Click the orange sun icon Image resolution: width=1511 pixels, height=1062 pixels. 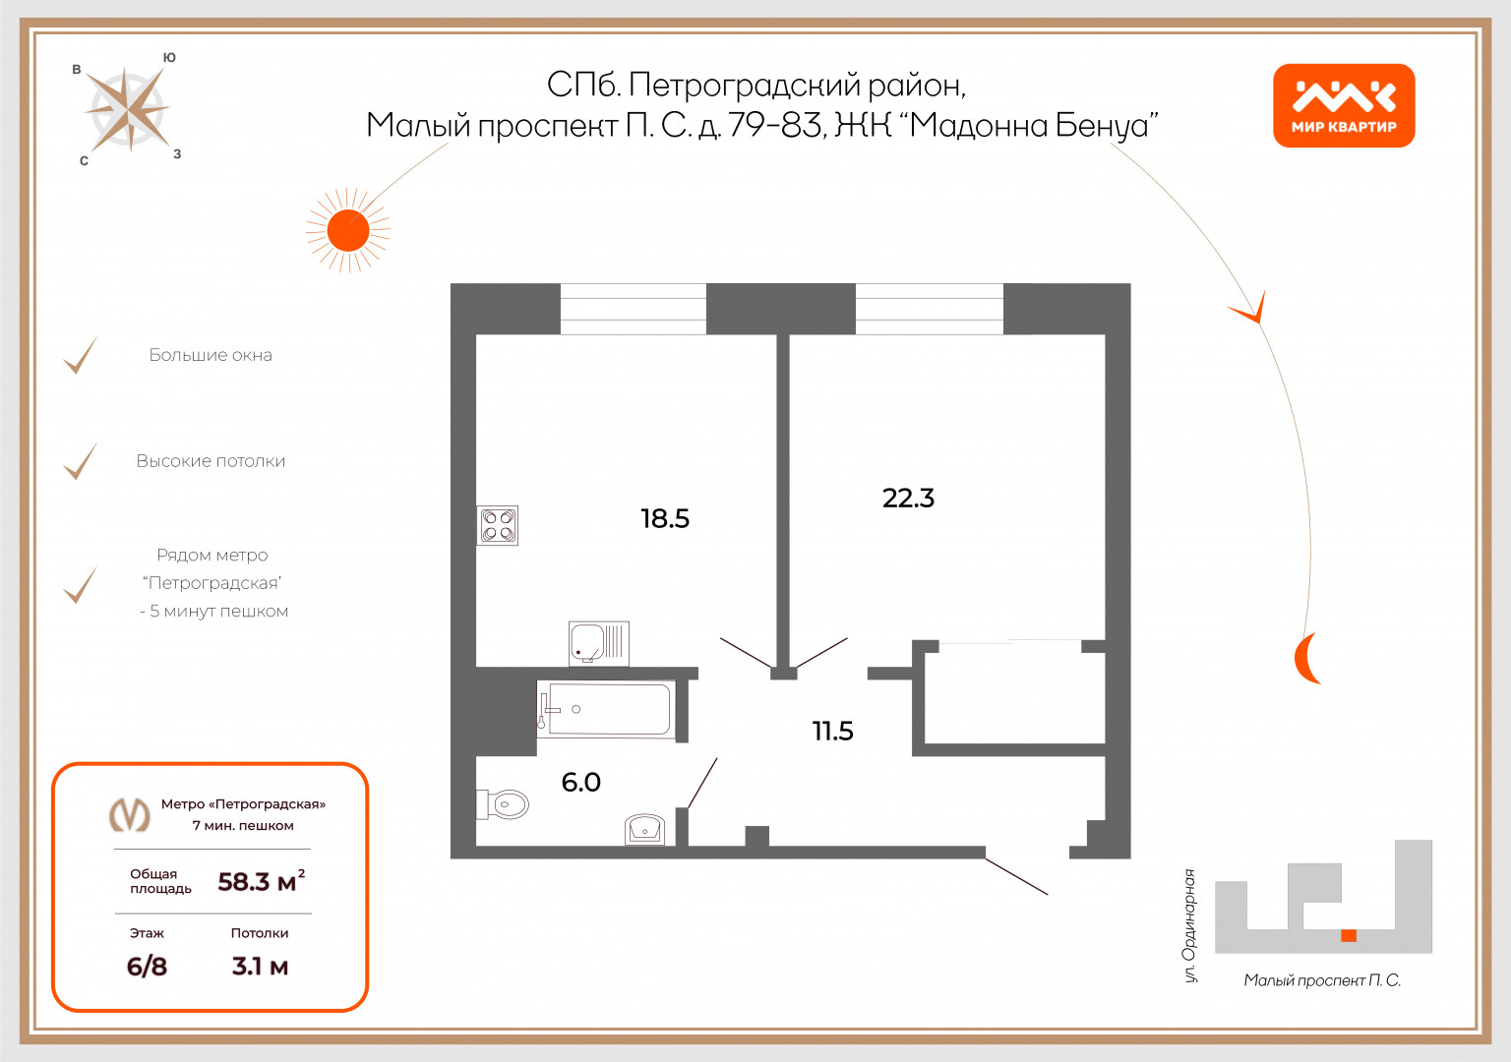[x=347, y=231]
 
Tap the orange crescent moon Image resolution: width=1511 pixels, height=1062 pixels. [x=1306, y=659]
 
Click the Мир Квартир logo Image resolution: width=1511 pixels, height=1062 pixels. [x=1344, y=106]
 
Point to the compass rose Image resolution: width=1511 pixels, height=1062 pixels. [x=128, y=108]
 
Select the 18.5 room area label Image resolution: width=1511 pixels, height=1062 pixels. [x=665, y=518]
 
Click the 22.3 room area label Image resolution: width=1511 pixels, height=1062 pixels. [x=908, y=498]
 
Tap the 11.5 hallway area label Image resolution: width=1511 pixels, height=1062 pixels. [x=832, y=731]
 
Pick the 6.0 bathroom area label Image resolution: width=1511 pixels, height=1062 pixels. [x=580, y=782]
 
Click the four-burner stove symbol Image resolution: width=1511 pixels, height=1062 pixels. [x=498, y=525]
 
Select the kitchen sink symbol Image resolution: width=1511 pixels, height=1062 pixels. [x=598, y=643]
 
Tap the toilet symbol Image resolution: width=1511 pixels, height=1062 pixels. [x=506, y=804]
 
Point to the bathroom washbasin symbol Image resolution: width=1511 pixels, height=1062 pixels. [x=645, y=830]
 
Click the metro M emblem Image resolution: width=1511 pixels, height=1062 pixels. [x=129, y=814]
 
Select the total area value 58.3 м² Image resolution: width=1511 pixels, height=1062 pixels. [x=261, y=881]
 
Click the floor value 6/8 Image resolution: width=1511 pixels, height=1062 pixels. [x=147, y=967]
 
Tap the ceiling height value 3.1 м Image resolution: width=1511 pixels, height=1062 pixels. [x=260, y=967]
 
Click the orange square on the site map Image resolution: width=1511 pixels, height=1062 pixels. [x=1349, y=935]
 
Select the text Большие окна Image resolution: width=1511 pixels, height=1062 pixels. [x=211, y=355]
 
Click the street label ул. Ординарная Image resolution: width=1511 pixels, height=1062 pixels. [x=1190, y=925]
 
